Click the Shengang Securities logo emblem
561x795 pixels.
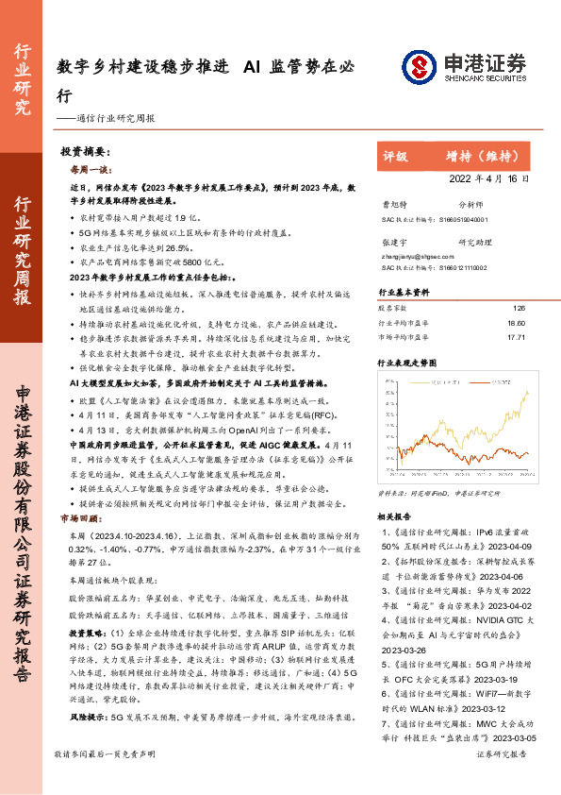click(x=421, y=66)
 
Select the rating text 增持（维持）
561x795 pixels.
click(x=489, y=156)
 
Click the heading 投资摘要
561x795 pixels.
click(x=86, y=152)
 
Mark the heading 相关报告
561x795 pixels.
click(x=396, y=516)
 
